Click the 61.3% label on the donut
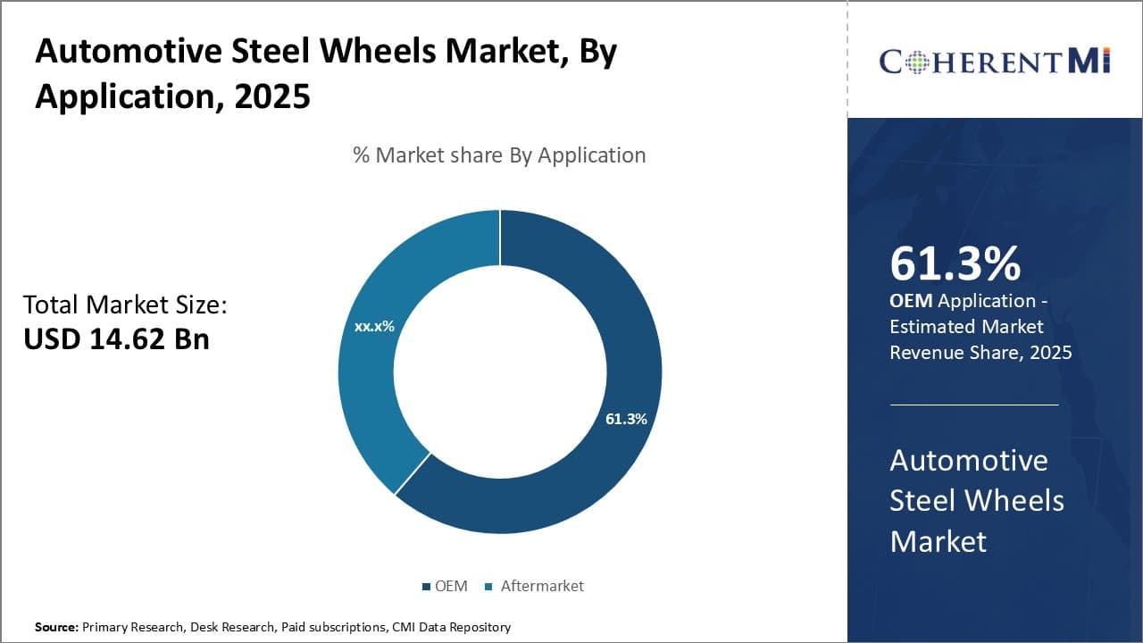click(626, 419)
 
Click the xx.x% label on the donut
click(374, 327)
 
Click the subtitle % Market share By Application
click(499, 155)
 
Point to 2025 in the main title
click(272, 96)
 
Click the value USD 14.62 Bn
click(116, 339)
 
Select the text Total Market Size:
click(125, 305)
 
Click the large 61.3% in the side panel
click(955, 263)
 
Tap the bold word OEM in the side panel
click(911, 302)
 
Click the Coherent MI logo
click(994, 61)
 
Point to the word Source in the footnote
click(55, 628)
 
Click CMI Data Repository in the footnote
click(451, 628)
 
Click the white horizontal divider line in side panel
click(973, 405)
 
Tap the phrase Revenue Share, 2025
click(980, 353)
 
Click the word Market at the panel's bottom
click(938, 541)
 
